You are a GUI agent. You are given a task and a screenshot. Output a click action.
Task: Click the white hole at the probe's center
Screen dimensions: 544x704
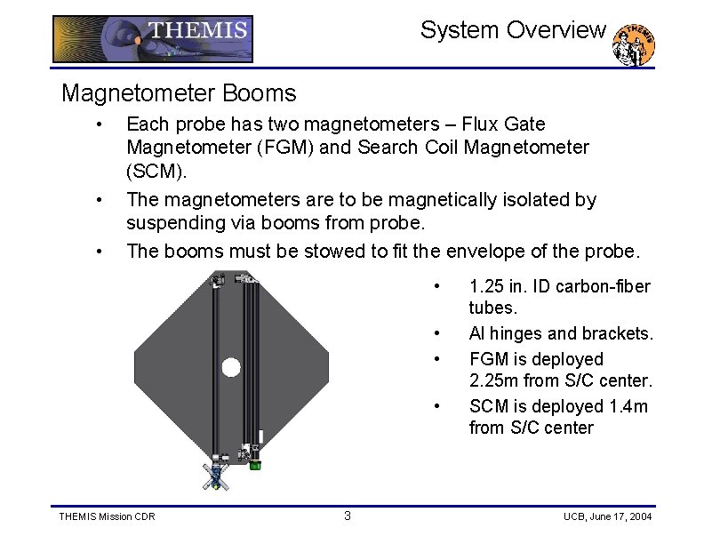(x=231, y=367)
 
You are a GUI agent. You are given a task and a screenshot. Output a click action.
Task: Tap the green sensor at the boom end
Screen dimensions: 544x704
(x=255, y=463)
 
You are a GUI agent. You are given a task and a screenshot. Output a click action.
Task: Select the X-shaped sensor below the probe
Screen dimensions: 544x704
(x=213, y=476)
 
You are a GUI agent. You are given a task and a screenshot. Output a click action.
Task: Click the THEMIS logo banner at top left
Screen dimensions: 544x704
(x=152, y=39)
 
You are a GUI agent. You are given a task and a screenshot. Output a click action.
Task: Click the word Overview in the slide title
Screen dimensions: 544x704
(x=563, y=30)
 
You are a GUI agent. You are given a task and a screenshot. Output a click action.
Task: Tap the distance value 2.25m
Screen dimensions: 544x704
(x=494, y=381)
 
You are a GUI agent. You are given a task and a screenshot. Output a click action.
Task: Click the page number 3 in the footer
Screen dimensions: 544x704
(x=348, y=516)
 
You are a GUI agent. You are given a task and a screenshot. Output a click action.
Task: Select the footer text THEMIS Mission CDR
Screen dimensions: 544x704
(x=107, y=517)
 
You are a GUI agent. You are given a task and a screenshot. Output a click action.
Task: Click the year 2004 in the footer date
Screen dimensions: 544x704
(x=637, y=517)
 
